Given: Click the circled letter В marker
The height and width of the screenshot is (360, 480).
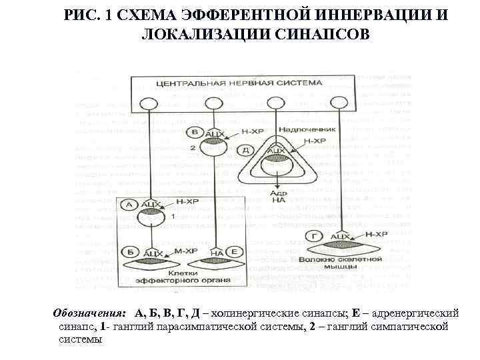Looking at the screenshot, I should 194,132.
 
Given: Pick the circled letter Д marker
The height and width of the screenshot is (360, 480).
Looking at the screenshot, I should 247,151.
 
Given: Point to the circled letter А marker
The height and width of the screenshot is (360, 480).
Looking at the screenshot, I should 129,205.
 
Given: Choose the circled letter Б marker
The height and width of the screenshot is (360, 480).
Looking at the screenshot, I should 129,253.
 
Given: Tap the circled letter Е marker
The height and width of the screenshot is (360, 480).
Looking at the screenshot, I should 235,252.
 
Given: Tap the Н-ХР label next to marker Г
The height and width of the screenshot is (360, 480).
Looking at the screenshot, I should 377,235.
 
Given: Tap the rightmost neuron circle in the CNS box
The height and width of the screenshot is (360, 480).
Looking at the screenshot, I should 337,102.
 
